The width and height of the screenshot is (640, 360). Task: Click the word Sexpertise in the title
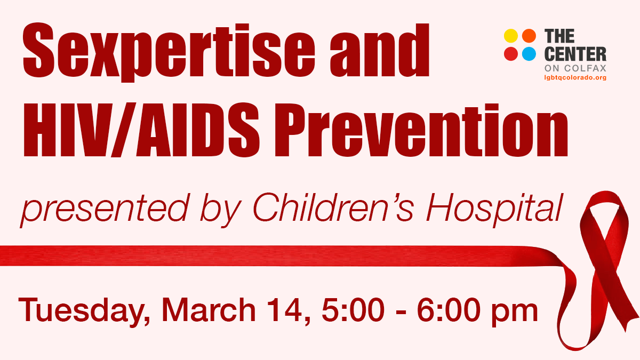(x=169, y=51)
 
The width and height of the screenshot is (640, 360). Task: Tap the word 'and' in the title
(x=380, y=50)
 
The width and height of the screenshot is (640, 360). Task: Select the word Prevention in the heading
(x=421, y=131)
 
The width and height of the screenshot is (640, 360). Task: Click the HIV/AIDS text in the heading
(x=142, y=130)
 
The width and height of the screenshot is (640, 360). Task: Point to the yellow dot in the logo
(x=511, y=36)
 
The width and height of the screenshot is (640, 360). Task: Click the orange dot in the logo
(x=529, y=36)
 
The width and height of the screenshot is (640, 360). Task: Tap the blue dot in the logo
(x=529, y=54)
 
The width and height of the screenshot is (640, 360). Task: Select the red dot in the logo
(x=511, y=54)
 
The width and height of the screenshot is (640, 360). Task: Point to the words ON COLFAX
(x=575, y=68)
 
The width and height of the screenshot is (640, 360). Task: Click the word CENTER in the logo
(x=575, y=54)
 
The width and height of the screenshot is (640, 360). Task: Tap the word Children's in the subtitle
(x=333, y=207)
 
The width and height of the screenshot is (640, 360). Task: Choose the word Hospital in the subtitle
(x=494, y=210)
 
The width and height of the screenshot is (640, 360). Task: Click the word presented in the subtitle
(x=105, y=211)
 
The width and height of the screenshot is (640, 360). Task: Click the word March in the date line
(x=209, y=310)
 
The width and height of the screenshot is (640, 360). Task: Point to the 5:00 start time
(x=353, y=310)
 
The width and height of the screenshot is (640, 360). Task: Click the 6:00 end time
(x=449, y=310)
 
